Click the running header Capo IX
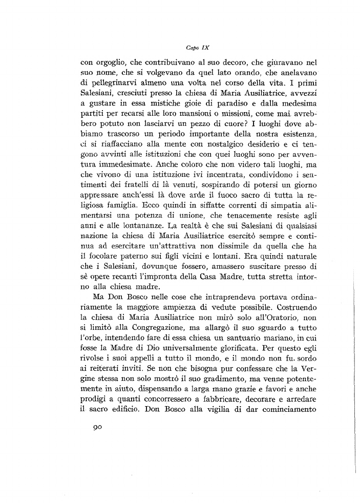196,47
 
